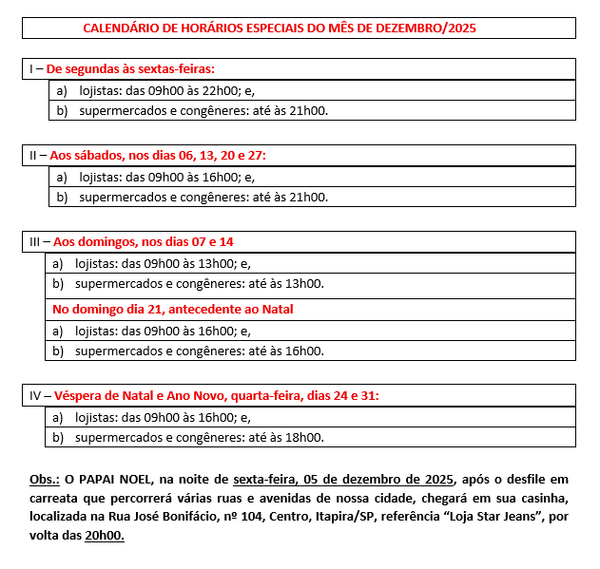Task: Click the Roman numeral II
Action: pyautogui.click(x=34, y=155)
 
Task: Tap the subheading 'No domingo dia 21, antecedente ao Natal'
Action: pyautogui.click(x=172, y=309)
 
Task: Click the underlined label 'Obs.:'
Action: pyautogui.click(x=46, y=478)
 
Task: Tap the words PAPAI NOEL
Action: pyautogui.click(x=118, y=478)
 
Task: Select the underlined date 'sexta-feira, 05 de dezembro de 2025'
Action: pyautogui.click(x=344, y=478)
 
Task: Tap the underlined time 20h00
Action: pyautogui.click(x=105, y=535)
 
